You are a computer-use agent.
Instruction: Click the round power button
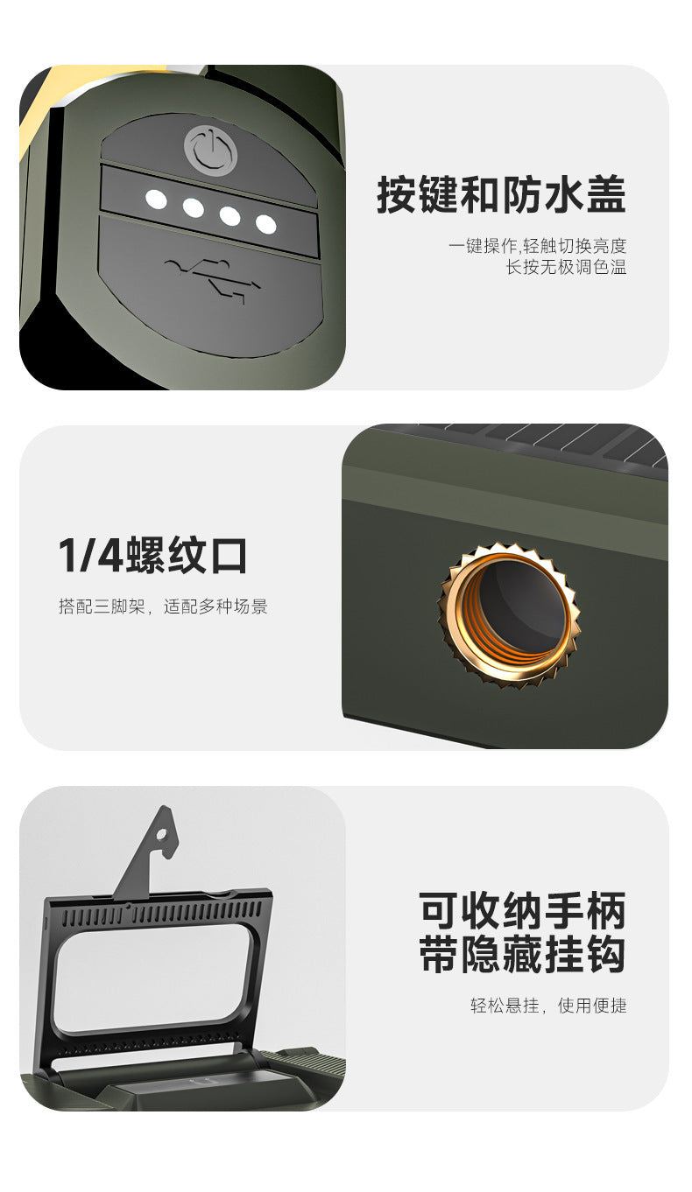(x=210, y=149)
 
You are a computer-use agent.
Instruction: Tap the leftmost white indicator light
(x=156, y=200)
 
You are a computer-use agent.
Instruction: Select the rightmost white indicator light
(x=265, y=224)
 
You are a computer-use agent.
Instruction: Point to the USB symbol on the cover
(x=212, y=279)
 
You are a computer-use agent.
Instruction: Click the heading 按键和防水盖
(x=501, y=194)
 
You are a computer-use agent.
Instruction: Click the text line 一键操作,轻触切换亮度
(x=537, y=246)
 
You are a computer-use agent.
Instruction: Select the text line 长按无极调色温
(x=566, y=267)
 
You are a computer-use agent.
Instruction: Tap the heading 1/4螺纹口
(x=152, y=556)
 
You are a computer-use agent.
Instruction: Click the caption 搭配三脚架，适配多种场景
(x=163, y=607)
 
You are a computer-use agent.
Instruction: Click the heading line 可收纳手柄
(x=522, y=911)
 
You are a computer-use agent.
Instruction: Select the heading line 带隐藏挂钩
(x=522, y=955)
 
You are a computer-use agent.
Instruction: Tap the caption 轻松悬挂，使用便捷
(x=548, y=1006)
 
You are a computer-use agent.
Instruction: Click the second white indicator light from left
(x=193, y=208)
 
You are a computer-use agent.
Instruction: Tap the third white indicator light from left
(x=229, y=215)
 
